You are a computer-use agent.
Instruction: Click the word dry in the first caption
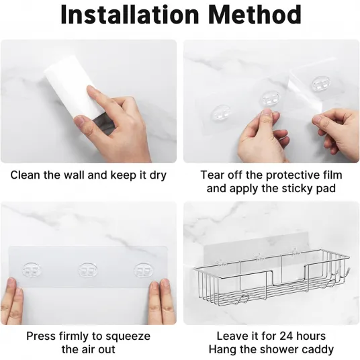158,175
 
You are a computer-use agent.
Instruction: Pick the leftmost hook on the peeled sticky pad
222,112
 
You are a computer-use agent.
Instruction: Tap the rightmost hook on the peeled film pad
321,83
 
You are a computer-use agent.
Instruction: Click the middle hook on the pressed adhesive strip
88,270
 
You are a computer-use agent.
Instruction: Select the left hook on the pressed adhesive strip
32,270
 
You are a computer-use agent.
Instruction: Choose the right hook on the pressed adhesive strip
144,270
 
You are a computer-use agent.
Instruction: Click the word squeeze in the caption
128,336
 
